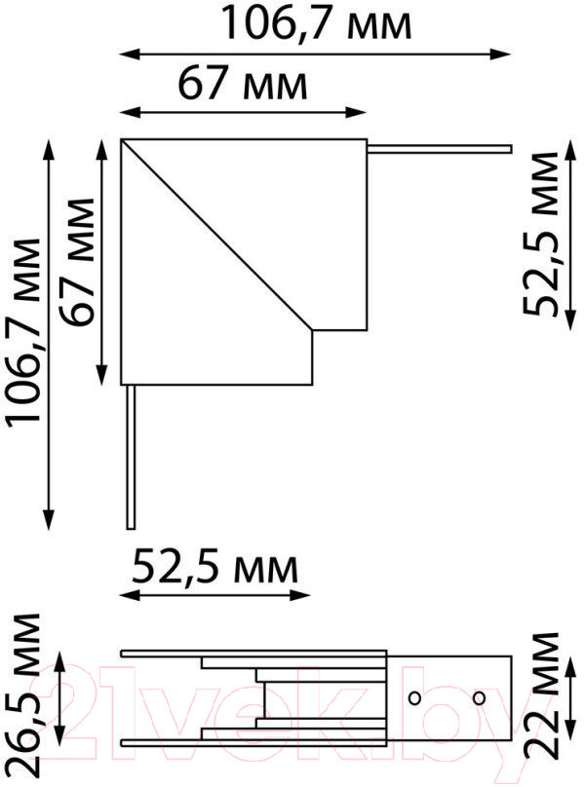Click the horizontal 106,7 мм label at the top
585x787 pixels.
[x=316, y=23]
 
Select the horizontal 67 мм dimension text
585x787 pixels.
[x=243, y=84]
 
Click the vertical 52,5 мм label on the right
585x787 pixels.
[x=540, y=234]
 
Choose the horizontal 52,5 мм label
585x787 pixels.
[x=215, y=567]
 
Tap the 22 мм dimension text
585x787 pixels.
[x=541, y=695]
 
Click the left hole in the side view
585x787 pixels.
[x=414, y=697]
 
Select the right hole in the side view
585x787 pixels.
[x=479, y=697]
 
